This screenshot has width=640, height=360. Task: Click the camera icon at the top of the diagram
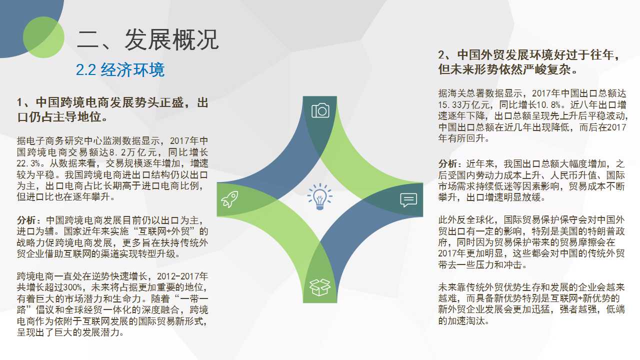click(320, 110)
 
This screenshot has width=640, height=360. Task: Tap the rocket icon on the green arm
click(229, 199)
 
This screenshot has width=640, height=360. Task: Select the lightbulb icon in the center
click(319, 196)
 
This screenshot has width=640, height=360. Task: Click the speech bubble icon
click(408, 199)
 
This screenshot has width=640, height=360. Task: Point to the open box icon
click(320, 287)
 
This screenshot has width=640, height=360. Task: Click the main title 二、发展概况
click(147, 39)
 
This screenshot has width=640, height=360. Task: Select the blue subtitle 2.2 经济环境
click(120, 69)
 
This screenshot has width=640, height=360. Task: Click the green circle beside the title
click(43, 37)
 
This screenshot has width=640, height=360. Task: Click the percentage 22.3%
click(28, 163)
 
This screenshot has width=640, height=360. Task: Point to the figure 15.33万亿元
click(464, 104)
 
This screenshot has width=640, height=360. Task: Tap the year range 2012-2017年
click(182, 276)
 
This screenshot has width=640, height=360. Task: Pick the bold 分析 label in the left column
click(26, 220)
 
